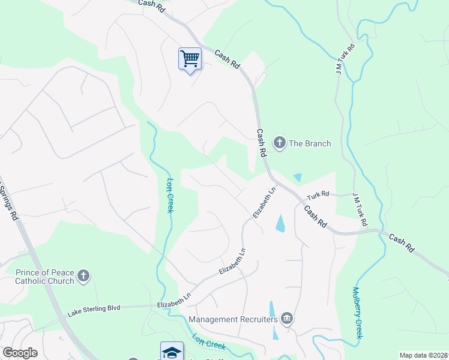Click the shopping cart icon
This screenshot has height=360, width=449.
click(190, 59)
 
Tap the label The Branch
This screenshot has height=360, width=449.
click(310, 143)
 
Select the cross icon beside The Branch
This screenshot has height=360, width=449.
click(279, 143)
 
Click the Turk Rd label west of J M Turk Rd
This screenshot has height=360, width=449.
click(318, 194)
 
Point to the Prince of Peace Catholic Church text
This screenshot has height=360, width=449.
click(45, 276)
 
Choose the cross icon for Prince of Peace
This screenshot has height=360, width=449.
click(83, 275)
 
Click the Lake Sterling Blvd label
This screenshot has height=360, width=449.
click(94, 308)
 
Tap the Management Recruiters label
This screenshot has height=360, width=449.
click(233, 319)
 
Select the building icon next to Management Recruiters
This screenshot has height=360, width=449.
click(287, 318)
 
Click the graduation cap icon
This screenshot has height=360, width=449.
click(172, 351)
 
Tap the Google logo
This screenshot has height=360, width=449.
click(20, 353)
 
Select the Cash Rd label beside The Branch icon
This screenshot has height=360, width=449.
click(261, 143)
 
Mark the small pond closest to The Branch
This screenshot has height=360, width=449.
click(298, 178)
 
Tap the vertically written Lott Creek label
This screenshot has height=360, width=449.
click(169, 195)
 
